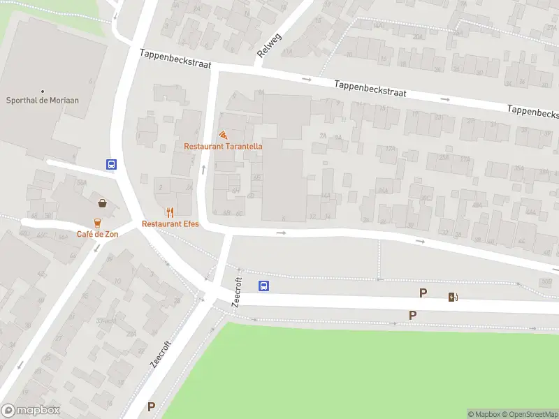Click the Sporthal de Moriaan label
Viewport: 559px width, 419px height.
(42, 101)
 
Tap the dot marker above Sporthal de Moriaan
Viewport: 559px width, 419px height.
(42, 91)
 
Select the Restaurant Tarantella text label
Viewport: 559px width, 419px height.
(223, 146)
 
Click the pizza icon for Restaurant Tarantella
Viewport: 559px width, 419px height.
(223, 135)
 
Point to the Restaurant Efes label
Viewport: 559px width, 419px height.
(170, 223)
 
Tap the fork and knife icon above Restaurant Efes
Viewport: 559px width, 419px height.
(170, 212)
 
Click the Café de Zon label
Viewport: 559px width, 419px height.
(97, 233)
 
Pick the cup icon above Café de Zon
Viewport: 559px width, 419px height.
(97, 222)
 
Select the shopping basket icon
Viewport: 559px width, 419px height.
(103, 203)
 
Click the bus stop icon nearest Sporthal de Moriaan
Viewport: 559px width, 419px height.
(111, 165)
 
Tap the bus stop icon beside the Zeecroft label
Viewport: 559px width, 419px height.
(264, 286)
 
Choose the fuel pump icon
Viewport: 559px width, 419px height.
(453, 297)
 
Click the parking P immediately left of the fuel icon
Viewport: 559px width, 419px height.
(423, 293)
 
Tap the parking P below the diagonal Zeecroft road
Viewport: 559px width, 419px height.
(151, 406)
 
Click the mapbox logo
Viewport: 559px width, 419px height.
(30, 411)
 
